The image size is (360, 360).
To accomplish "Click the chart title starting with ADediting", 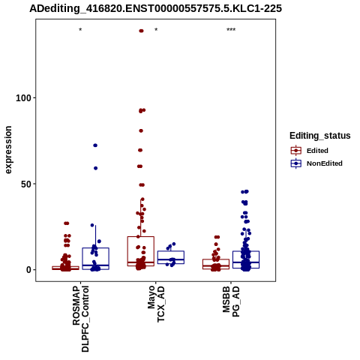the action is [155, 8].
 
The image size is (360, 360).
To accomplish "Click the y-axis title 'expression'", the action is [8, 150].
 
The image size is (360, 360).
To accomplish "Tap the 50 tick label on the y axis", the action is [26, 184].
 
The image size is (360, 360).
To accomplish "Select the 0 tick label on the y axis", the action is [28, 270].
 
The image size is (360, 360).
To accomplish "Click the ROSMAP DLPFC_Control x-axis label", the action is [80, 319].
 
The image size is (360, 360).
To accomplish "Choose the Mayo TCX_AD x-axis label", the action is [156, 304].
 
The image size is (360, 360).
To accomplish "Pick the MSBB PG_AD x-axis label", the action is [231, 301].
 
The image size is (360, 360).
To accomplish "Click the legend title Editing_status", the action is [320, 136].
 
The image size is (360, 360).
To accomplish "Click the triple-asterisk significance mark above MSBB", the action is [231, 30].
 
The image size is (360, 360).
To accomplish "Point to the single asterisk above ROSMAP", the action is [80, 30].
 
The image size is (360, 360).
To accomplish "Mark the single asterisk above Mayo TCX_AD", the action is [156, 30].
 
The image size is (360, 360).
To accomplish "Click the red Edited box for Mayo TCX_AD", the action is [141, 236].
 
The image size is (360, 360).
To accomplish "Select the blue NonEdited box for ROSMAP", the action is [95, 248].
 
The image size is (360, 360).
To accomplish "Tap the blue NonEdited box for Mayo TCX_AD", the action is [171, 251].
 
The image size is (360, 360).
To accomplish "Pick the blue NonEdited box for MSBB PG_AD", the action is [246, 251].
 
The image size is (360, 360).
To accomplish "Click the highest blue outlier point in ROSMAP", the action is [95, 145].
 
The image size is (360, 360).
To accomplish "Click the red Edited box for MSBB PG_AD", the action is [216, 259].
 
